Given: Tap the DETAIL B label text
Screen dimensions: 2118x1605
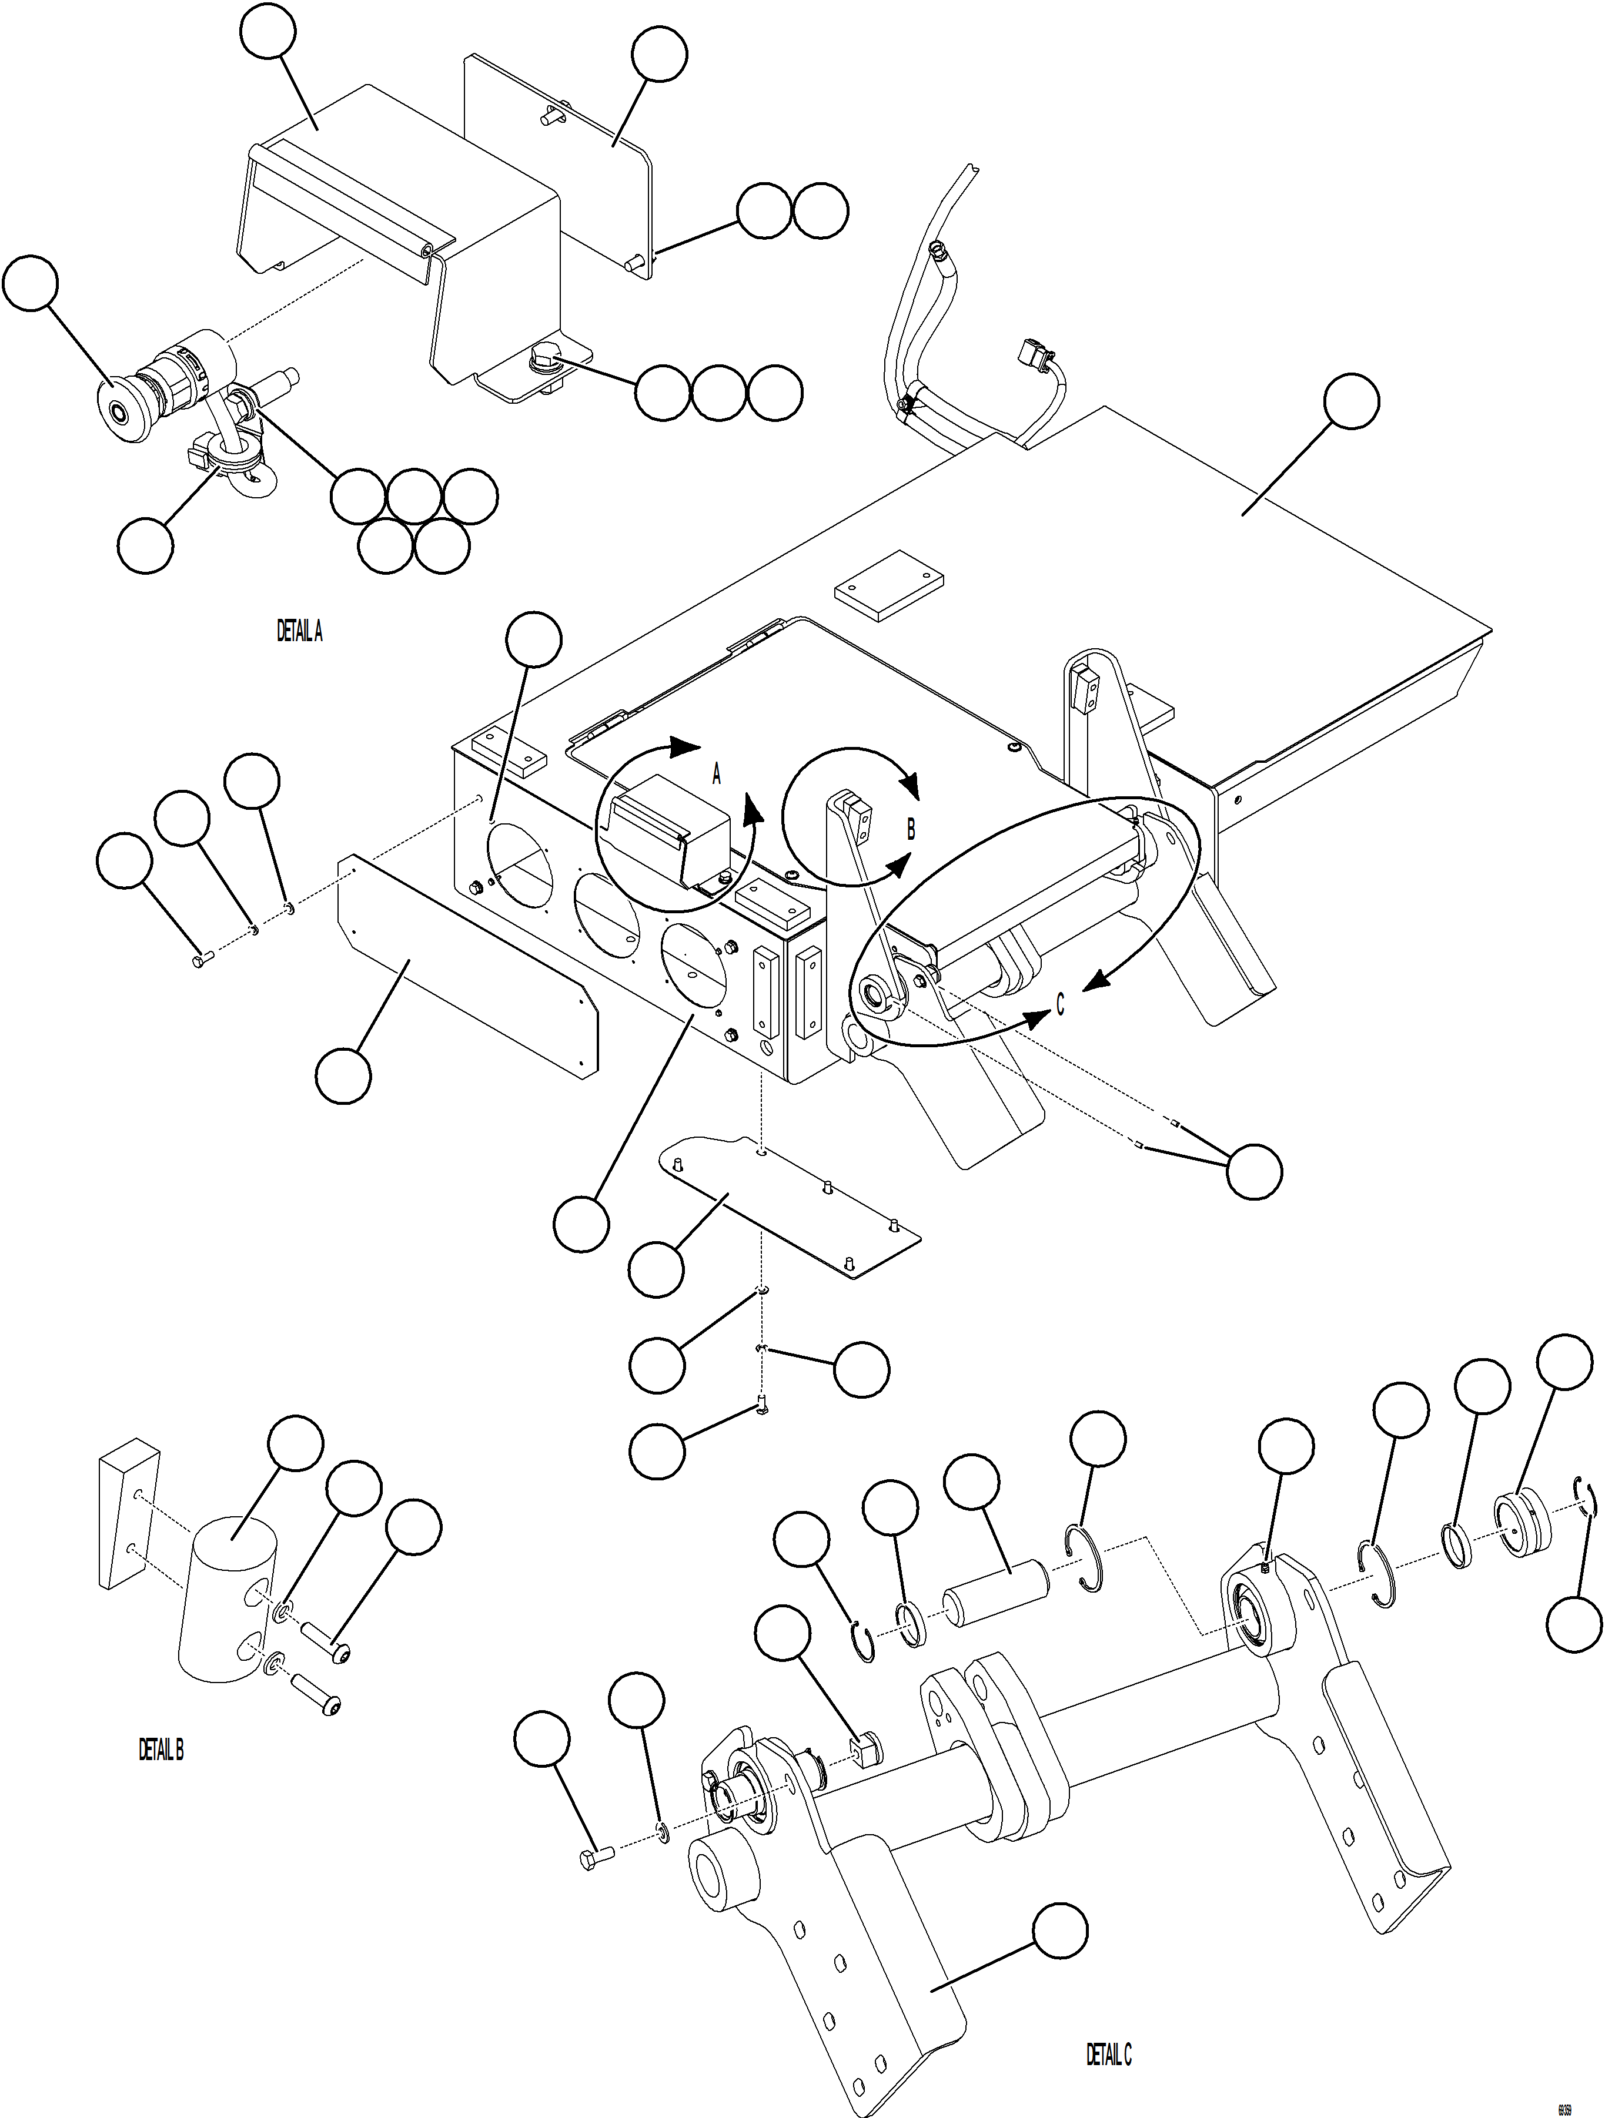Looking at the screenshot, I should pyautogui.click(x=161, y=1750).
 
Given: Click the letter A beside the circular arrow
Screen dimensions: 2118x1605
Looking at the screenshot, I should pyautogui.click(x=716, y=776).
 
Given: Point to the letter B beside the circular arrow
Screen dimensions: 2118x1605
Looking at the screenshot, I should pyautogui.click(x=911, y=829).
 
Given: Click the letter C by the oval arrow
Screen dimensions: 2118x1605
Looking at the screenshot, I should pyautogui.click(x=1060, y=1004).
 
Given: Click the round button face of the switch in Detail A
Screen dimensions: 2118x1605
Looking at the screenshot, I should pyautogui.click(x=118, y=413).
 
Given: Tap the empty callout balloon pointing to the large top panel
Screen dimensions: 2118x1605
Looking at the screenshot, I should pyautogui.click(x=1351, y=402).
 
